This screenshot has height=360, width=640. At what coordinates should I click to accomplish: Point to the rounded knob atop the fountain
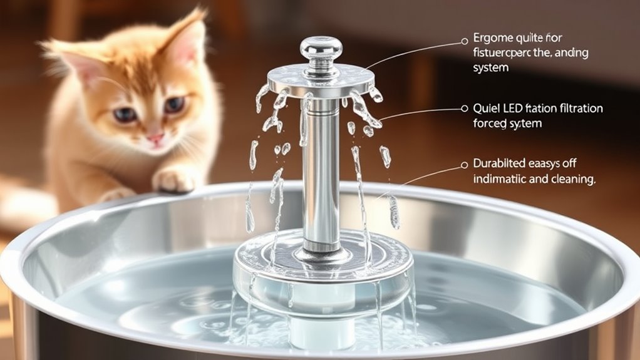point(321,50)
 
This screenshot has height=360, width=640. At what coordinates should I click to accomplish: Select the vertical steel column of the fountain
point(321,175)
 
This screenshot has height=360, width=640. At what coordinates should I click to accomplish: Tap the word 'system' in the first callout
point(492,68)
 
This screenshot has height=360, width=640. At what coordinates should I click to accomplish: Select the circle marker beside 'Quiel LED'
point(464,108)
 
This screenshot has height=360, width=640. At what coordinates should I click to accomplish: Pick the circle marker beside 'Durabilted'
point(464,165)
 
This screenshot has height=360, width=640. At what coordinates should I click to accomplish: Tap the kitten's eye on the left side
point(125,114)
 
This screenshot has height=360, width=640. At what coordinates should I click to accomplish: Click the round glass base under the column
point(323,269)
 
